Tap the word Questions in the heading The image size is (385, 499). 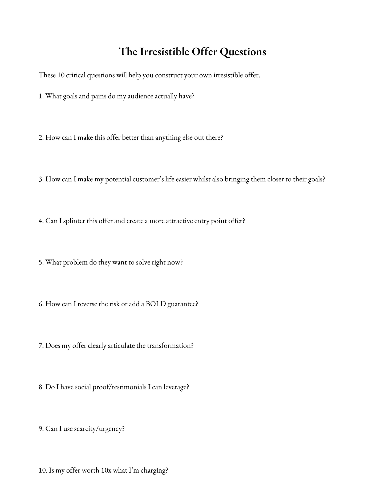point(243,51)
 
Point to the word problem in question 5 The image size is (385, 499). point(75,262)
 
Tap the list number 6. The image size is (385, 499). point(41,304)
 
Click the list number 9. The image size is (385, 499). point(41,429)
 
